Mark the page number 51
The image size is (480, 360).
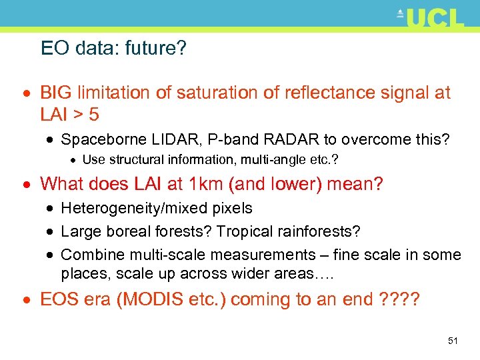[453, 341]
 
